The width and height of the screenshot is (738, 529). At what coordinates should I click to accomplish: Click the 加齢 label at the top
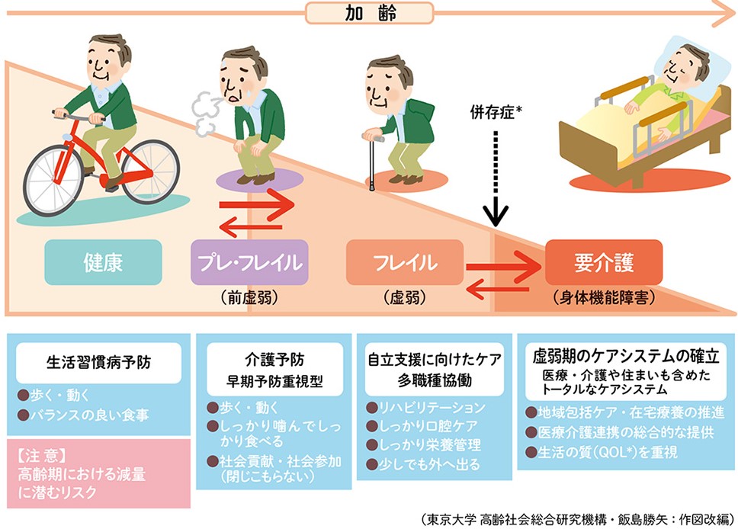pyautogui.click(x=370, y=13)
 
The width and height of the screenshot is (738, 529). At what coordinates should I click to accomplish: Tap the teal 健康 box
pyautogui.click(x=103, y=262)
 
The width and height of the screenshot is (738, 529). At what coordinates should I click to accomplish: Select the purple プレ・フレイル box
pyautogui.click(x=249, y=262)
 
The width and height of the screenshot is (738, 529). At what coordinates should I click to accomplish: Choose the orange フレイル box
pyautogui.click(x=405, y=262)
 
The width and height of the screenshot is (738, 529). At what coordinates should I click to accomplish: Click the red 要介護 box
pyautogui.click(x=604, y=262)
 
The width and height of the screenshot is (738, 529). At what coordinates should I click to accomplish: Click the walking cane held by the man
pyautogui.click(x=372, y=162)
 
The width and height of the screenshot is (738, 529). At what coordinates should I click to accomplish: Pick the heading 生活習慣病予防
pyautogui.click(x=99, y=362)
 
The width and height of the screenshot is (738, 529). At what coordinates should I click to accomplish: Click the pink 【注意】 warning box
pyautogui.click(x=99, y=473)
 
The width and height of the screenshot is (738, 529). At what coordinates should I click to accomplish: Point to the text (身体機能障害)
pyautogui.click(x=604, y=297)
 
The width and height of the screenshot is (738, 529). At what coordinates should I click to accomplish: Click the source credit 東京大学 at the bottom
pyautogui.click(x=451, y=519)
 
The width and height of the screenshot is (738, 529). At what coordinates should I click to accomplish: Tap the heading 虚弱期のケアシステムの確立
pyautogui.click(x=626, y=356)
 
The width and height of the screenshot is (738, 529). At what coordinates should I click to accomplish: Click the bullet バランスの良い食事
pyautogui.click(x=89, y=415)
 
